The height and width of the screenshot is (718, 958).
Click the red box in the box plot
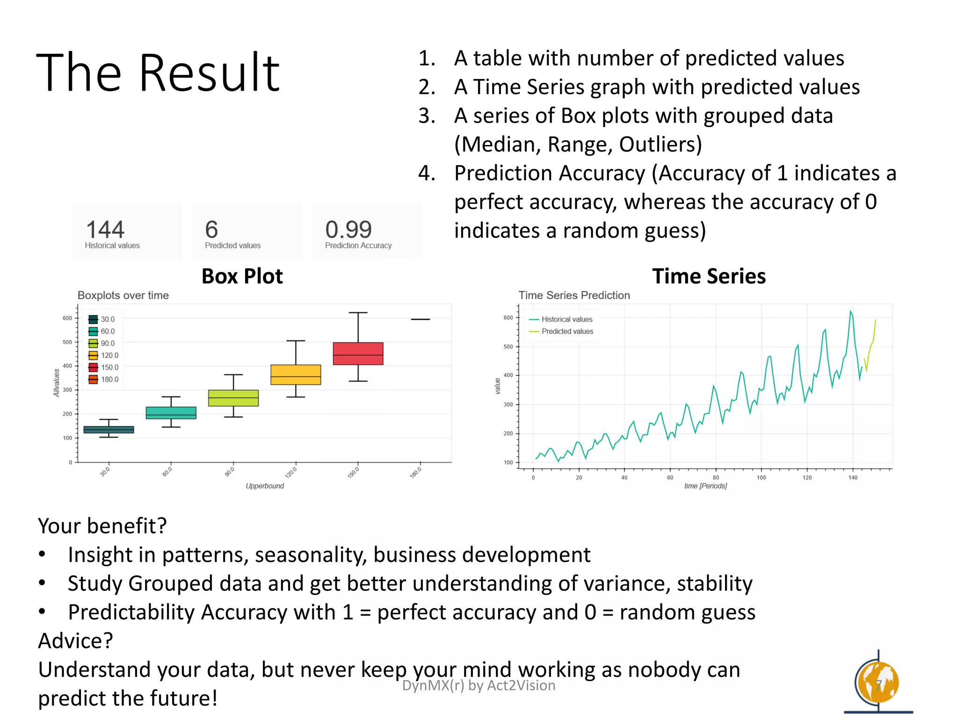click(x=358, y=353)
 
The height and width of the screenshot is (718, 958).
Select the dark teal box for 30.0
click(x=109, y=430)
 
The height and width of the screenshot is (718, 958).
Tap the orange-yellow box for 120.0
click(x=296, y=374)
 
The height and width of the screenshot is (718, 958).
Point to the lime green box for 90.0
click(x=233, y=398)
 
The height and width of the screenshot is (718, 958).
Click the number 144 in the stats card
click(x=105, y=230)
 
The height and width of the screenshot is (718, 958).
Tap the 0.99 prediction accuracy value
click(x=348, y=230)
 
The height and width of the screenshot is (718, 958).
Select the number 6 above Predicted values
click(x=211, y=230)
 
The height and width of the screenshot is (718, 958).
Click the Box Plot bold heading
click(x=242, y=276)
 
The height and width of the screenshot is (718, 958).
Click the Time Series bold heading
click(x=709, y=276)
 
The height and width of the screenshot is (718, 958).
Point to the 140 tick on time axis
click(x=853, y=478)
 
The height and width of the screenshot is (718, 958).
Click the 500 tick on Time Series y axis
click(x=508, y=347)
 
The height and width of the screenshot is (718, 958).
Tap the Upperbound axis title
click(x=265, y=486)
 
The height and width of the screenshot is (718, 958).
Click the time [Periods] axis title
click(x=705, y=486)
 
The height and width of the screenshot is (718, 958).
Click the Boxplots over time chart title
click(x=123, y=295)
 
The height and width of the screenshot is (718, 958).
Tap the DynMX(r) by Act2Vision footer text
click(x=479, y=685)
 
